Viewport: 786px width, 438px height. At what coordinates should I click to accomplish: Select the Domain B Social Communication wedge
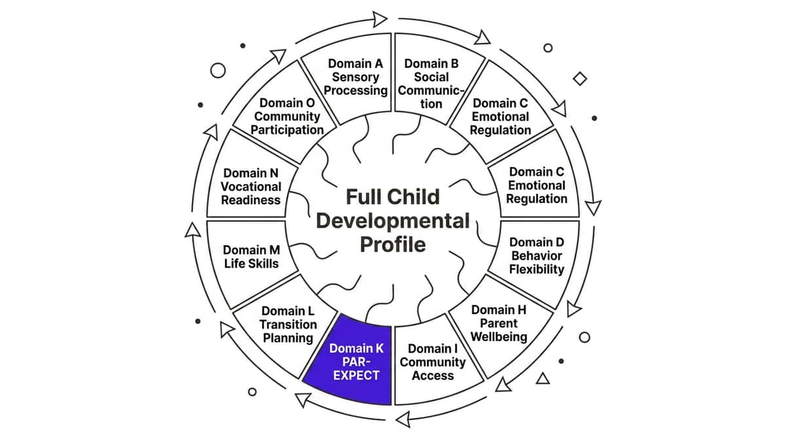(x=435, y=79)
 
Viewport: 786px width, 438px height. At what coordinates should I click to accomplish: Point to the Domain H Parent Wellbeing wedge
(x=500, y=324)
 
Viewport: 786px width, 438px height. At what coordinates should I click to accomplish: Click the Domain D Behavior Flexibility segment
(x=537, y=256)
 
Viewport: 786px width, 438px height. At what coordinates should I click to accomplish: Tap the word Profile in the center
(x=393, y=244)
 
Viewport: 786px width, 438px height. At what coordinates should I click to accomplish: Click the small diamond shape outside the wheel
(x=580, y=79)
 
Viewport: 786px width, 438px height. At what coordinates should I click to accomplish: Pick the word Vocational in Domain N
(x=251, y=187)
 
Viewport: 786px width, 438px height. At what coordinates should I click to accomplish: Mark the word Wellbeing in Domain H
(x=499, y=337)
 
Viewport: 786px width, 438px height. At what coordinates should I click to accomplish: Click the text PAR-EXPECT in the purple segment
(x=356, y=369)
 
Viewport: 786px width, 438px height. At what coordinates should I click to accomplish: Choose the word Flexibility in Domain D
(x=537, y=269)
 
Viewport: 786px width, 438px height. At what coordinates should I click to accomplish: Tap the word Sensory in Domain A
(x=356, y=77)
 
